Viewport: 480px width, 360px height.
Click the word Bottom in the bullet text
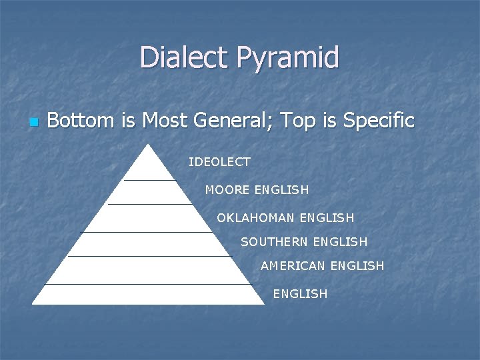(81, 121)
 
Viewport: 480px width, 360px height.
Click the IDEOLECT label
(219, 161)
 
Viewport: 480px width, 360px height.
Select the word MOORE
(227, 190)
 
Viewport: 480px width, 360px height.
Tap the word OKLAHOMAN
(256, 218)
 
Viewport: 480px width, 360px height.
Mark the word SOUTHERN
(274, 242)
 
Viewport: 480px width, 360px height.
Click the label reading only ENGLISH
(300, 294)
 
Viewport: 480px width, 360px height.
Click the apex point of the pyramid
(149, 145)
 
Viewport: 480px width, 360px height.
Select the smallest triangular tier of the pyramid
(149, 167)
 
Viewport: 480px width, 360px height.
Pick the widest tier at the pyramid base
(148, 294)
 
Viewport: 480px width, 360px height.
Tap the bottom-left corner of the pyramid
(33, 304)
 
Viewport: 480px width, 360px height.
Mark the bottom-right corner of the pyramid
(264, 304)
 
